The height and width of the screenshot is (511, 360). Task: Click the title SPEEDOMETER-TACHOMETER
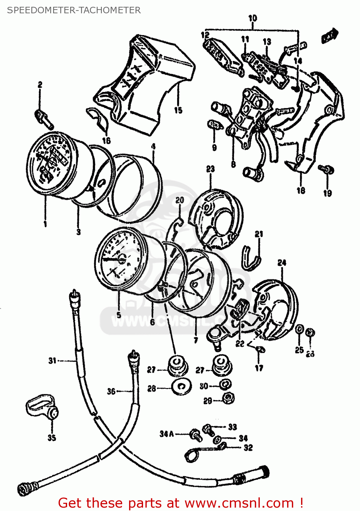74,10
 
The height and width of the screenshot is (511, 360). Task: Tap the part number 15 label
178,110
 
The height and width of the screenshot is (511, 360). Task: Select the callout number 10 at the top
252,18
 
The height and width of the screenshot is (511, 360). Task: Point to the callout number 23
210,169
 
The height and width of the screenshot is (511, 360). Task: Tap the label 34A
167,434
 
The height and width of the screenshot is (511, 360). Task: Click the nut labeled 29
228,398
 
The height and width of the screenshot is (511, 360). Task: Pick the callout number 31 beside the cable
52,360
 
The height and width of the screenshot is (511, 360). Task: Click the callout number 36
111,391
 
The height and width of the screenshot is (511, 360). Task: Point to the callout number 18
301,190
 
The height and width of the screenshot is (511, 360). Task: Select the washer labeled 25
299,330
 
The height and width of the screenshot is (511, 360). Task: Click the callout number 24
282,263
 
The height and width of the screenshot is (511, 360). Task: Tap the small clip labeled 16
97,118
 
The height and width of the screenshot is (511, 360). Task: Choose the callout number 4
153,146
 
